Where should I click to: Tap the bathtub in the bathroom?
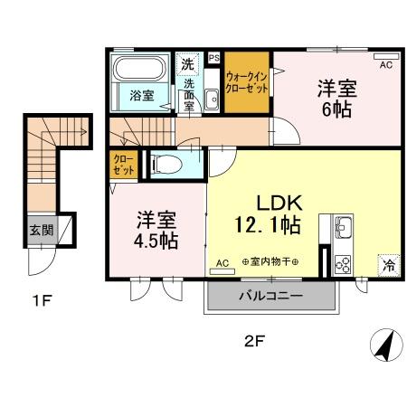tap(138, 70)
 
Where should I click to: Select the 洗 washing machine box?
tap(186, 64)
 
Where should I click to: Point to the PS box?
tap(214, 58)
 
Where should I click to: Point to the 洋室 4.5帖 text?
tap(156, 230)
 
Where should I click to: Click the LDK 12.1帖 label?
tap(270, 210)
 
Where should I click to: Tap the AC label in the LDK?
tap(222, 263)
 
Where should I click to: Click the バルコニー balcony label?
tap(270, 296)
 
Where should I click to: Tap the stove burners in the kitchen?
tap(344, 263)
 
